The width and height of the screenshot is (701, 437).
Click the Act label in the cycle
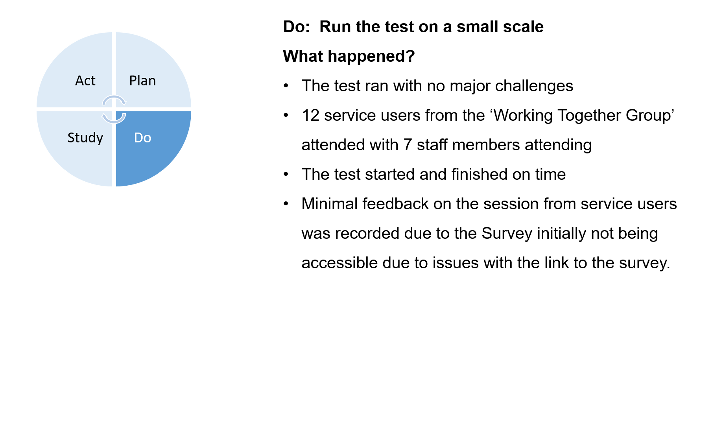[x=85, y=81]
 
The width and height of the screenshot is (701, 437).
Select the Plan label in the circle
[x=142, y=81]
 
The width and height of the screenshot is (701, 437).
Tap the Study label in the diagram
[x=85, y=138]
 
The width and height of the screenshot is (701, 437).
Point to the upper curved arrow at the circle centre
[x=114, y=97]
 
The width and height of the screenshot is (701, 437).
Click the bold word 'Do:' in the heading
[x=297, y=27]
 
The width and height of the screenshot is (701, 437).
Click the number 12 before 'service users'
[x=310, y=116]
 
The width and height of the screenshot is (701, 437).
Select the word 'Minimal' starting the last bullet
[x=330, y=204]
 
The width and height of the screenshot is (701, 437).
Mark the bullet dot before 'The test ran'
[x=286, y=86]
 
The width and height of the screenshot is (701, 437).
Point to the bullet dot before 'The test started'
[x=286, y=174]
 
